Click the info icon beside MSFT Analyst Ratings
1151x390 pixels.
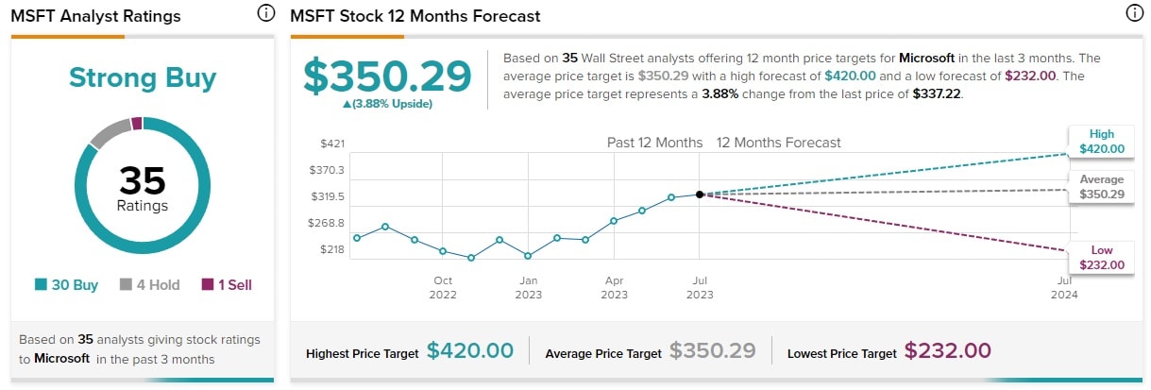[x=266, y=14]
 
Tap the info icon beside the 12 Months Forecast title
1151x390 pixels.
[x=1134, y=14]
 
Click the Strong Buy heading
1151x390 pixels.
[x=143, y=77]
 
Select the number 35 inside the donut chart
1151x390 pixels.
[x=143, y=179]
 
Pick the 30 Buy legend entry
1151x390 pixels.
[x=67, y=284]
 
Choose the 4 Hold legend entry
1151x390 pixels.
[x=149, y=284]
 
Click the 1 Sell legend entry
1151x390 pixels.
[x=227, y=284]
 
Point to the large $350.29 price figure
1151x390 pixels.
[x=387, y=76]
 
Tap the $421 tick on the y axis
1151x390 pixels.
[x=332, y=144]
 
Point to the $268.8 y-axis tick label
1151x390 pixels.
[x=327, y=223]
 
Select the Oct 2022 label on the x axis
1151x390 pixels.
[x=443, y=287]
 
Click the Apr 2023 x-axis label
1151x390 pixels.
[x=614, y=287]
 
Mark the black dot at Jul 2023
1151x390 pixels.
[x=700, y=195]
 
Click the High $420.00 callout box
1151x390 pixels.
[x=1100, y=142]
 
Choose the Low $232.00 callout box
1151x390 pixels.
[x=1100, y=258]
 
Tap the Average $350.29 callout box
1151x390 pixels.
[x=1100, y=187]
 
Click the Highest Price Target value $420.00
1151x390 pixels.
[x=469, y=351]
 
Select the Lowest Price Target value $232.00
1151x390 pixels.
[x=947, y=351]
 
